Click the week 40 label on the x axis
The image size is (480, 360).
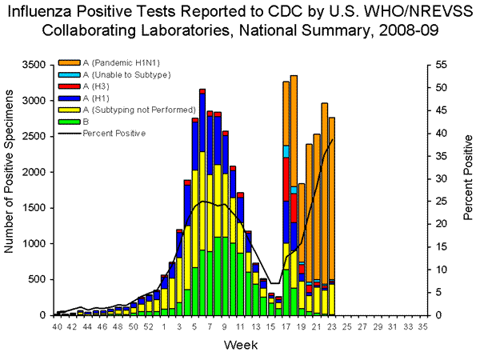(x=58, y=327)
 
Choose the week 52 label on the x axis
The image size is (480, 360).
(x=149, y=327)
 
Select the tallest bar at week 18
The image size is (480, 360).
(x=294, y=200)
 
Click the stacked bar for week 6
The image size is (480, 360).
(x=202, y=208)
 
